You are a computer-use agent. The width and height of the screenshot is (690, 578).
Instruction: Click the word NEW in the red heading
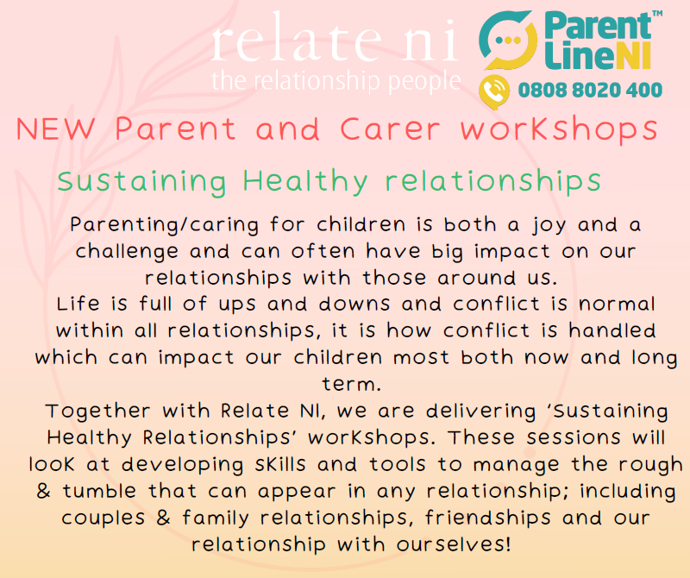55,129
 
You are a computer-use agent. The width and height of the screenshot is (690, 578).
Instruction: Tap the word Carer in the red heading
390,129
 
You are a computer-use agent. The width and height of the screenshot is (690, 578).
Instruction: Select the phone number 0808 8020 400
590,91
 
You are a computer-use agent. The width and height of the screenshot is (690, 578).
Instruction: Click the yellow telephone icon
494,91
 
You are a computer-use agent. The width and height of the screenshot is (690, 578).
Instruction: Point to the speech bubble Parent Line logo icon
508,41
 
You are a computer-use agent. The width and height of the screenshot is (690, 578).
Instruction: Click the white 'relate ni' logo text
335,38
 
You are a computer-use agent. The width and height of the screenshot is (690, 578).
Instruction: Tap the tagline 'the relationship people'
336,81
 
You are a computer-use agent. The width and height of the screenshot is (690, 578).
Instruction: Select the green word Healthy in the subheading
305,181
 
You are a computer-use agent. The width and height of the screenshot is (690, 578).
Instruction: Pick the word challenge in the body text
127,252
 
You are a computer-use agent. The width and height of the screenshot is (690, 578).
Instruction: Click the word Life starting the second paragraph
78,304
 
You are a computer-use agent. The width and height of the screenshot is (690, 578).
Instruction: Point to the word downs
354,304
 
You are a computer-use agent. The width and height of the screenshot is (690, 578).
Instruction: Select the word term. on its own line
351,384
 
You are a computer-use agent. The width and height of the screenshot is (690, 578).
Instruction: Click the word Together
97,412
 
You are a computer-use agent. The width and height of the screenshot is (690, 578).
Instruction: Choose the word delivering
481,412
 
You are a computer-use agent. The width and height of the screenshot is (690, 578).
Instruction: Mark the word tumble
99,491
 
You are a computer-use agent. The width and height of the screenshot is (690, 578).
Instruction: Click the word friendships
488,518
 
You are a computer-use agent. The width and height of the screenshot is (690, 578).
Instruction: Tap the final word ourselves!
454,544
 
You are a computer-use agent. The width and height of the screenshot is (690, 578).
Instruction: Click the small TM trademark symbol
657,14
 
